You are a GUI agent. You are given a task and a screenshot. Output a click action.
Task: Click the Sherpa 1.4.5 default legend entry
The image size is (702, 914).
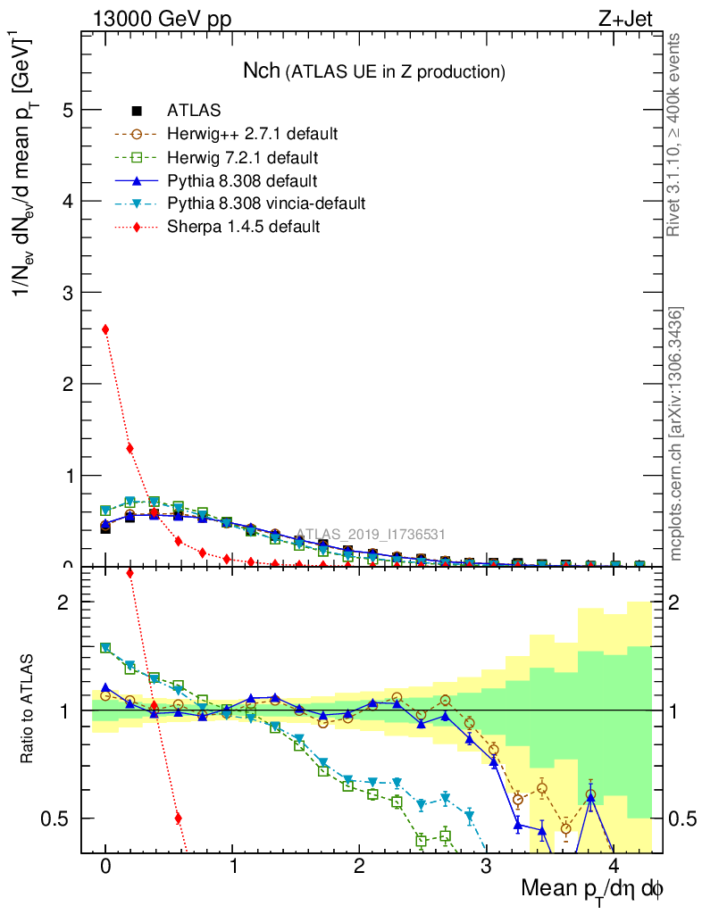(x=243, y=227)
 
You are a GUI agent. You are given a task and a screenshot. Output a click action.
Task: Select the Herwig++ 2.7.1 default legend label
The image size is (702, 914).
(x=252, y=134)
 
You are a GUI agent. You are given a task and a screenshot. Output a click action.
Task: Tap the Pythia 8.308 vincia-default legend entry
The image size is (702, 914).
(x=266, y=204)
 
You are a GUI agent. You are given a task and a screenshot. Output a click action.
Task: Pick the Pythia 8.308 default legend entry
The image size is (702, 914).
(x=239, y=180)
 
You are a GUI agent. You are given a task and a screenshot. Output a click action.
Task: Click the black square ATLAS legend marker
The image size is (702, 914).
(x=137, y=111)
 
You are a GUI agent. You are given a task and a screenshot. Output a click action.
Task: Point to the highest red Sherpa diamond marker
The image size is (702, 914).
(x=105, y=329)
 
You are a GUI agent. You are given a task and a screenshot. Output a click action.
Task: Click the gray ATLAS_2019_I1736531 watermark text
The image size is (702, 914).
(x=371, y=535)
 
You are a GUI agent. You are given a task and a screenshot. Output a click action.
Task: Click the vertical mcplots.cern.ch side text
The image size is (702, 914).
(x=676, y=434)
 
